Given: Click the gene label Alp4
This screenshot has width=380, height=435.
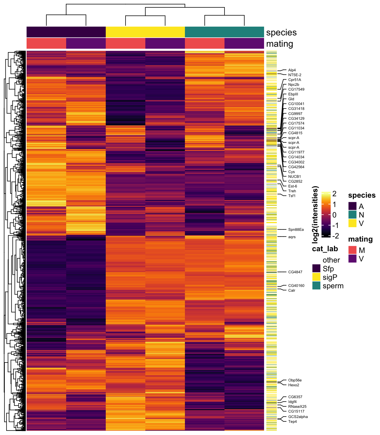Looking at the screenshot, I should coord(292,70).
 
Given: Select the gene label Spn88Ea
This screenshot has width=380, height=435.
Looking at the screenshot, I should coord(296,230).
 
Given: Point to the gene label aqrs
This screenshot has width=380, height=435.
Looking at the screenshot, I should coord(292,237).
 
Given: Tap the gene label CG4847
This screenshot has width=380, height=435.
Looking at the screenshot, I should coord(295,272).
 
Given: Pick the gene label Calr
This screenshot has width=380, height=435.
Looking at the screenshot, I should coord(292,291).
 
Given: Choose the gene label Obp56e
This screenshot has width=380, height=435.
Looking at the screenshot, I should coord(295,380).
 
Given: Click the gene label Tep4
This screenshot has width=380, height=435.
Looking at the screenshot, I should coord(292,422).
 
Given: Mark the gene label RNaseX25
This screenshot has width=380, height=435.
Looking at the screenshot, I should coord(297,407).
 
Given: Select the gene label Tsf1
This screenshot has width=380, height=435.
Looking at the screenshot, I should coord(292,196).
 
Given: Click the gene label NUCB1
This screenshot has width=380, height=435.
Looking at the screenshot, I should coord(294,177).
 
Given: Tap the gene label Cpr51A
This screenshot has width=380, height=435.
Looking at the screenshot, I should coord(295,80).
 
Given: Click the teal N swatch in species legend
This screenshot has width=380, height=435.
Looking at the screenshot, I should coord(352,215).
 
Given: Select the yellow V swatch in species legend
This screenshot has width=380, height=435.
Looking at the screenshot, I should coord(352,223).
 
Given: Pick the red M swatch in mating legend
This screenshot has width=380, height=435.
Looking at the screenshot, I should coord(352,250).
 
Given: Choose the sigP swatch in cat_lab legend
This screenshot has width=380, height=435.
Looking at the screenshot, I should coord(316,277).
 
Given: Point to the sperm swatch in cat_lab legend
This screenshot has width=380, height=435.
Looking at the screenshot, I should coord(316,286).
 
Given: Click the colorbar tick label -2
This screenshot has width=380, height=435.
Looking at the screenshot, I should coord(335,236).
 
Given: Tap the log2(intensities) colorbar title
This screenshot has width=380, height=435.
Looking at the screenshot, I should coord(316,215).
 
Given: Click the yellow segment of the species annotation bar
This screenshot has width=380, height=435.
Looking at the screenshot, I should coord(145,32).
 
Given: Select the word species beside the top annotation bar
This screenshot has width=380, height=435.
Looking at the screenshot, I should coord(281,33).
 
